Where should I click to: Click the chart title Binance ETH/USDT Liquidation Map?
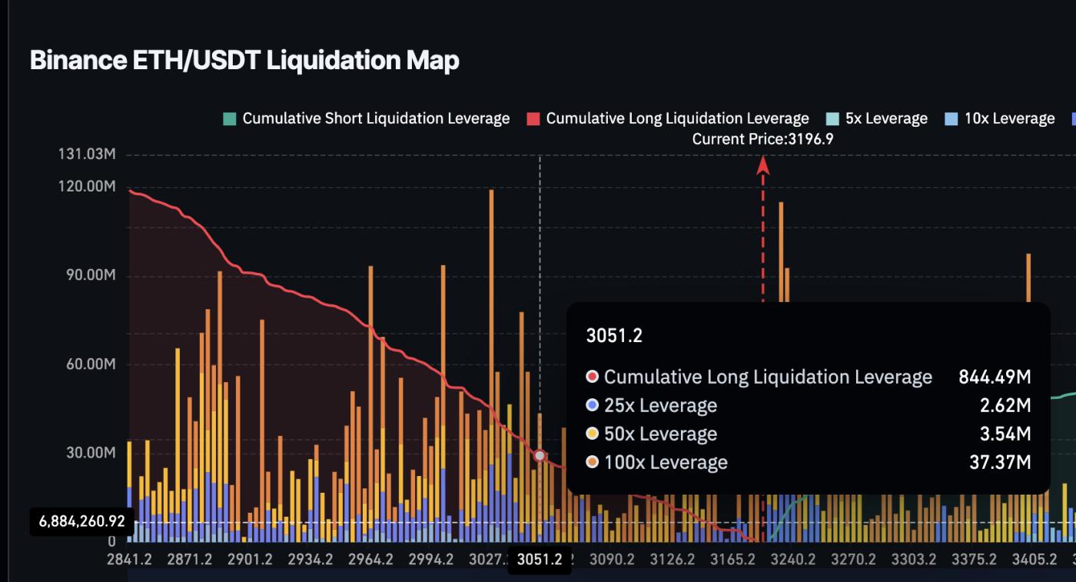244,60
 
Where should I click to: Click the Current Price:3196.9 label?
762,139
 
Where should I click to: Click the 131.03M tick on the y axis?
87,155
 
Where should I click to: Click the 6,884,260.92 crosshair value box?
81,521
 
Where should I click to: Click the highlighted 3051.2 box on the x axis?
540,560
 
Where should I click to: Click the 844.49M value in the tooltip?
995,377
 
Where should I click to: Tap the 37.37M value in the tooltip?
999,462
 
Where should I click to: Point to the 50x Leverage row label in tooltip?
660,434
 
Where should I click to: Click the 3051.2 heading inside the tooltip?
613,335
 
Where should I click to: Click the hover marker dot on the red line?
540,456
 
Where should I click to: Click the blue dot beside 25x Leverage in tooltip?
592,405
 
